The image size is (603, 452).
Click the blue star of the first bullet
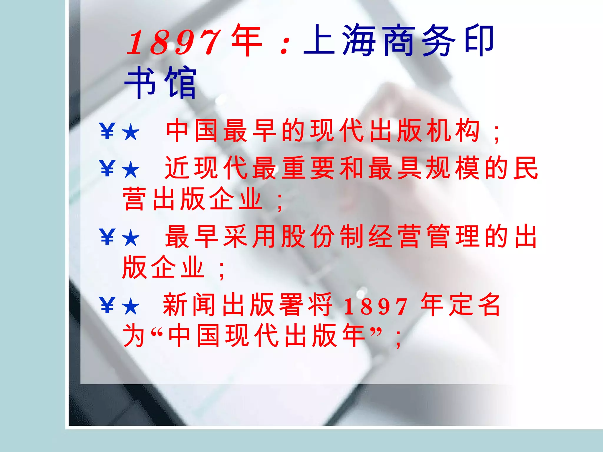click(x=130, y=132)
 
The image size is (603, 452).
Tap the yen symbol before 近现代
click(x=107, y=169)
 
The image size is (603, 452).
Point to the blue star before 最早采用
click(x=130, y=238)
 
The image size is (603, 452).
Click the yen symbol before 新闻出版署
click(x=107, y=305)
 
